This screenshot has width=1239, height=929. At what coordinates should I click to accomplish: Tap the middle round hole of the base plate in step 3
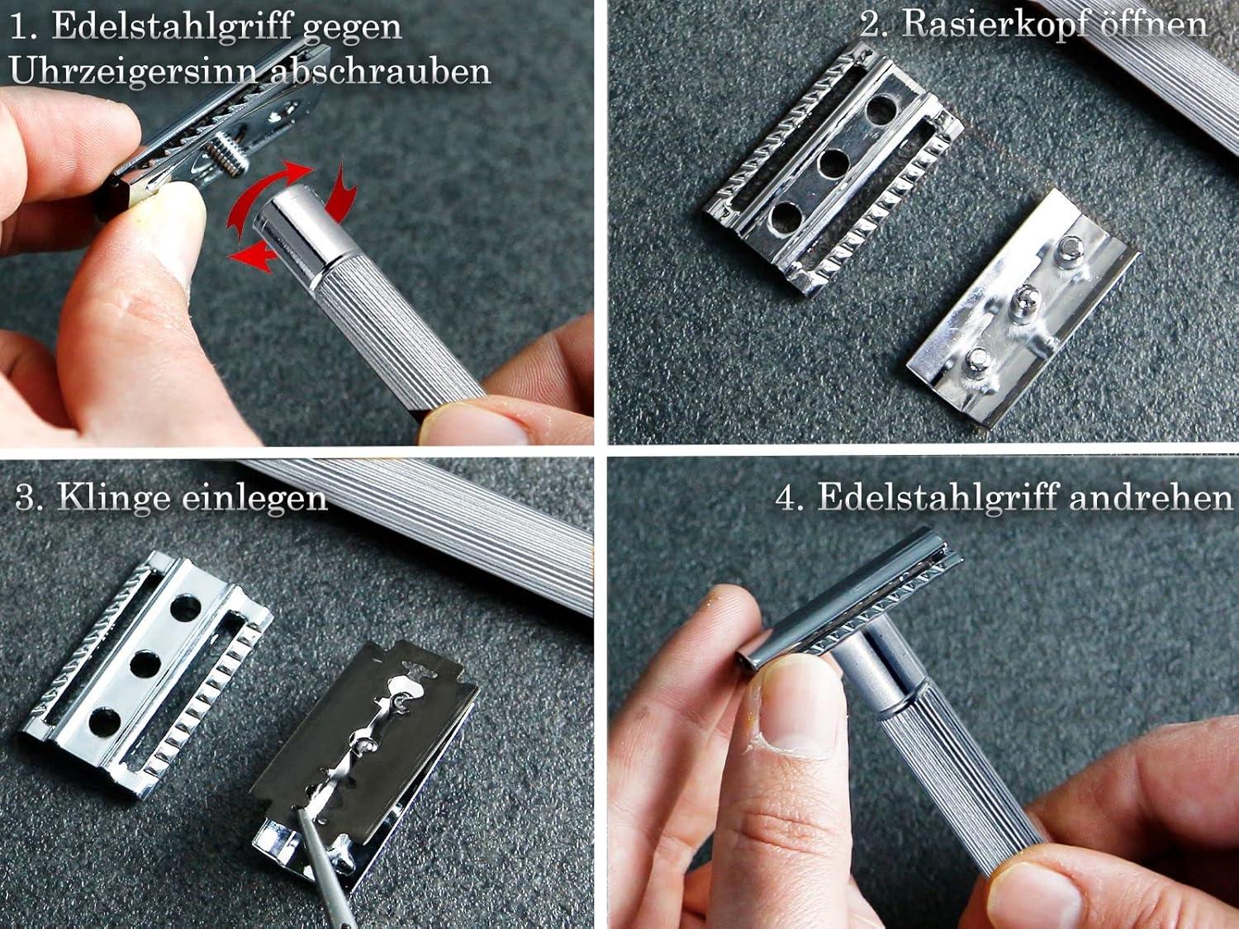147,665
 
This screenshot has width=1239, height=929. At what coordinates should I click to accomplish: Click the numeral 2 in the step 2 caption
870,25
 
